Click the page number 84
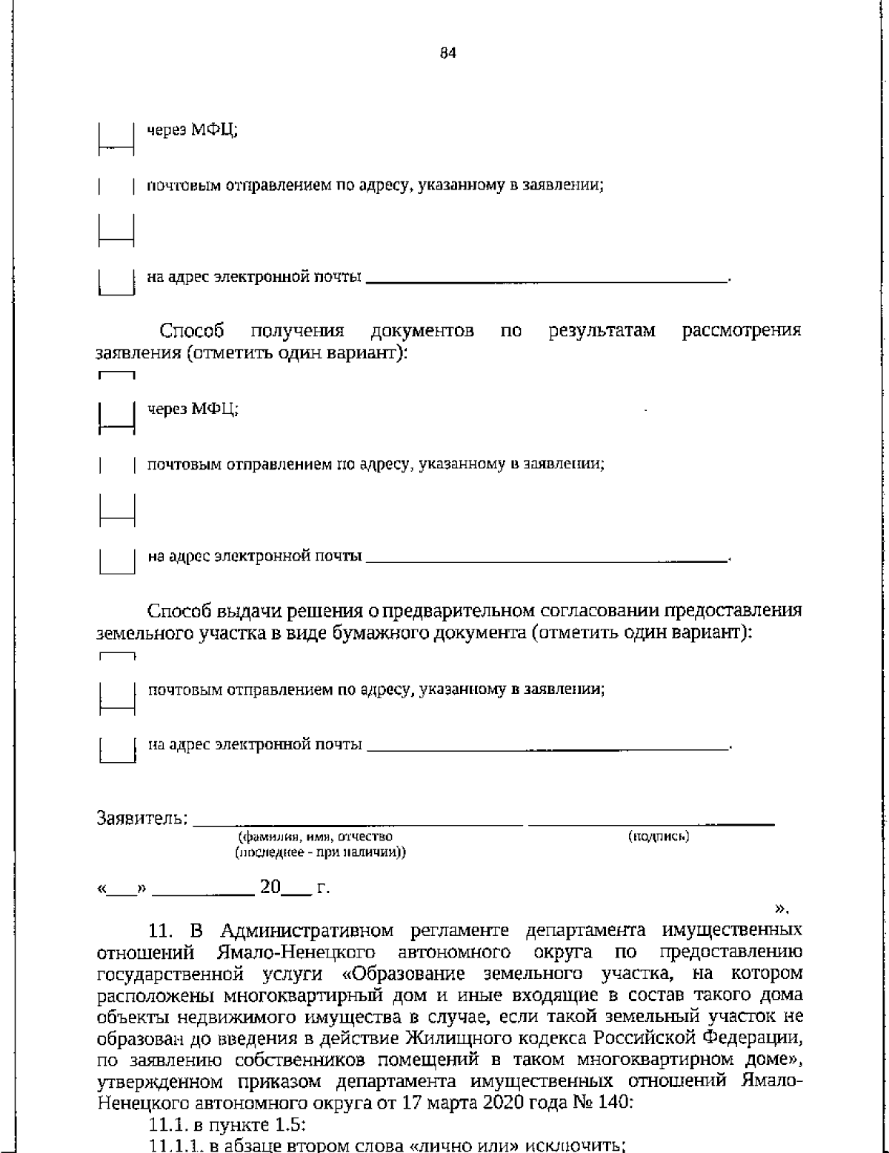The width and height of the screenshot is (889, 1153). (448, 53)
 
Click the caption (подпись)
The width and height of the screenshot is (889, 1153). (659, 837)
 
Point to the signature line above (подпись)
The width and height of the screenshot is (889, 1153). (651, 823)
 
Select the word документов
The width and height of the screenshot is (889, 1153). (422, 331)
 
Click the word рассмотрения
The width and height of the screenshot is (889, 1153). (741, 331)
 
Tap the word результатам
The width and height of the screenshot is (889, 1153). (602, 331)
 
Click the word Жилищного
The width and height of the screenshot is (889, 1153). (444, 1037)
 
